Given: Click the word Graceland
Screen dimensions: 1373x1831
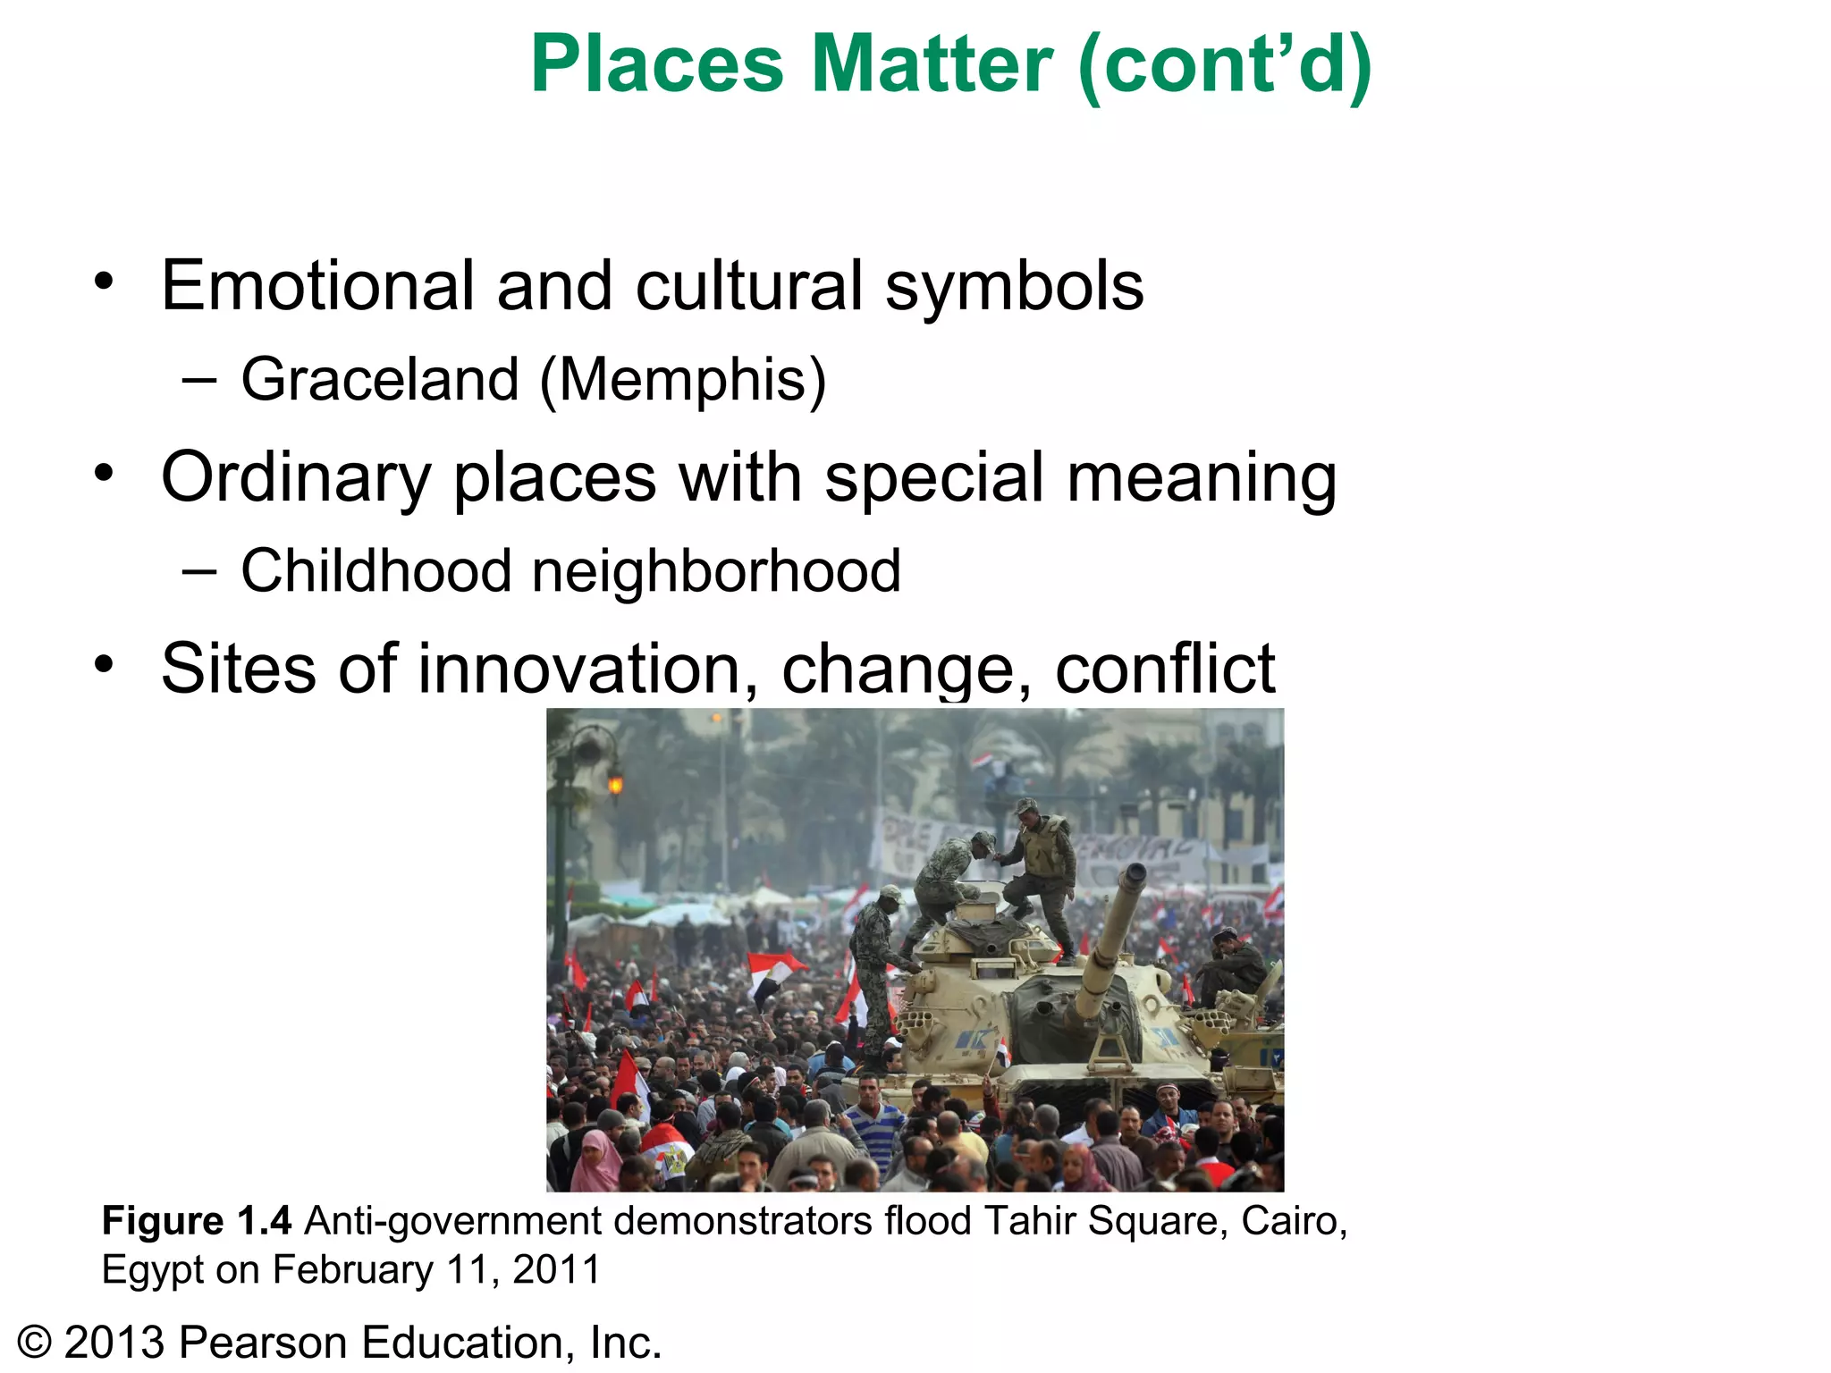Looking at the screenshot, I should point(379,379).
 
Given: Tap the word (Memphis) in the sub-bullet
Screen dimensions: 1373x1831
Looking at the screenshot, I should point(683,381).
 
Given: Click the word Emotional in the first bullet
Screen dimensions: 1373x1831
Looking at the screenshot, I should point(317,286).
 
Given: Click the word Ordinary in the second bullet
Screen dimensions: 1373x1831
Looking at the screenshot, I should point(296,478).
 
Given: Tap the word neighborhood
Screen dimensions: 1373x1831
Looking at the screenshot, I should point(716,572).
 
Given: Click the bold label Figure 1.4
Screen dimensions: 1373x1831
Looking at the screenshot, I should point(197,1221).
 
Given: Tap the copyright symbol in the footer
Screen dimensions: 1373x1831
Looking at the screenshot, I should point(35,1343).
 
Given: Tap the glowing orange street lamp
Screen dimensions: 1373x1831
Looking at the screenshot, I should point(615,785).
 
